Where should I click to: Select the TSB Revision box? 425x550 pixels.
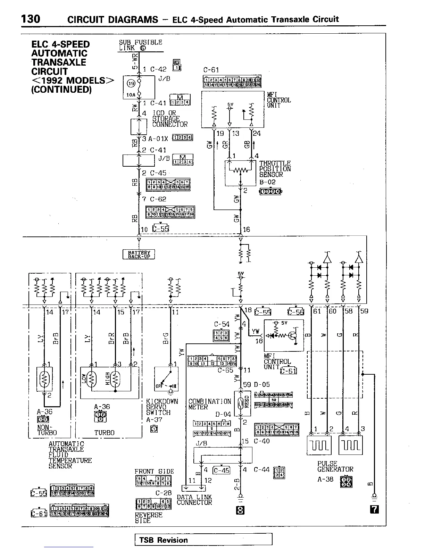point(203,540)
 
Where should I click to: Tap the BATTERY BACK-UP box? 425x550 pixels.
point(139,255)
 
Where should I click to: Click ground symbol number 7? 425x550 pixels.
point(374,509)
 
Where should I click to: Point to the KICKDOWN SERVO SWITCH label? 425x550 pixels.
point(162,407)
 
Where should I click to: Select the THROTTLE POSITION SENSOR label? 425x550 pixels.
point(275,169)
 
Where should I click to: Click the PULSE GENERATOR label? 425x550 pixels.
point(335,466)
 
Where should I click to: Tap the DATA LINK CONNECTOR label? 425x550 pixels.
point(194,500)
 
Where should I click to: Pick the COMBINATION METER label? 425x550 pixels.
point(209,404)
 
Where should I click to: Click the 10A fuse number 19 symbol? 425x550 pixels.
point(131,83)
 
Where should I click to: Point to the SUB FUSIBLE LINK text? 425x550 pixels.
point(140,45)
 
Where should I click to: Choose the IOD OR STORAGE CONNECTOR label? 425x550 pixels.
point(169,119)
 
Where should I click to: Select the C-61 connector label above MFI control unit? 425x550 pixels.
point(211,70)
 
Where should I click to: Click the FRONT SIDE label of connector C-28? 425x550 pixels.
point(154,472)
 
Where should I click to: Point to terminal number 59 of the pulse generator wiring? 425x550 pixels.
point(364,311)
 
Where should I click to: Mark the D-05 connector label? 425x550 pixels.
point(261,384)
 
